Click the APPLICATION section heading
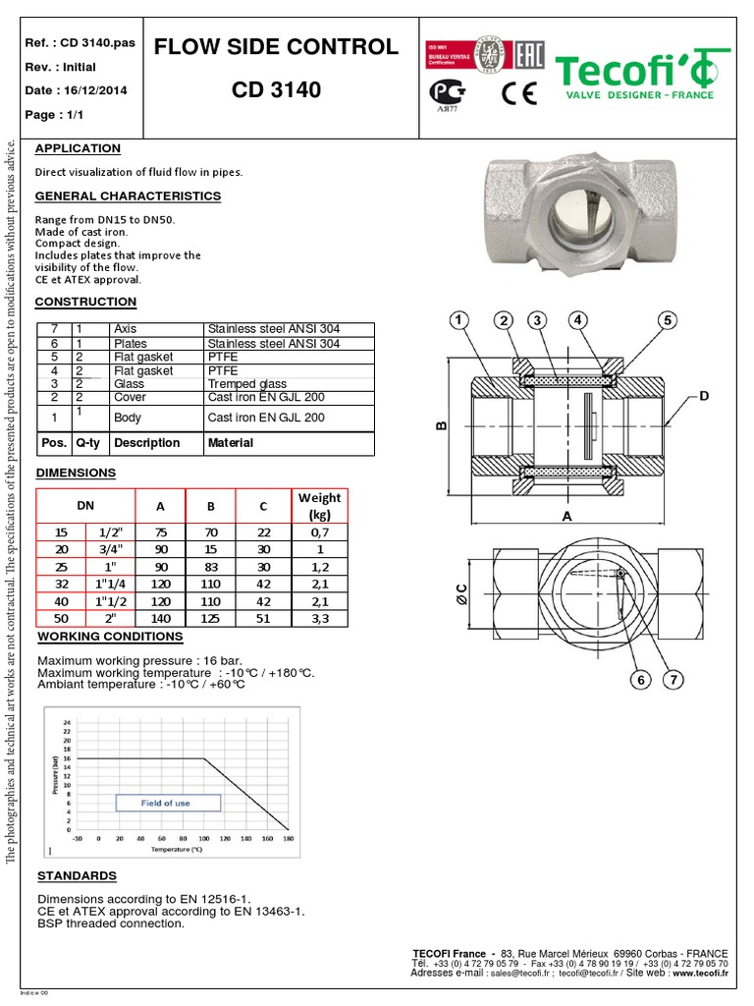pyautogui.click(x=78, y=148)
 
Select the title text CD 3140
pyautogui.click(x=276, y=91)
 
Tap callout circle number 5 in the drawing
pyautogui.click(x=668, y=321)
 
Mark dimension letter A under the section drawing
pyautogui.click(x=566, y=515)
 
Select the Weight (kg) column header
pyautogui.click(x=319, y=506)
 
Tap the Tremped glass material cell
pyautogui.click(x=246, y=384)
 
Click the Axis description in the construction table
pyautogui.click(x=126, y=329)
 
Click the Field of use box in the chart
pyautogui.click(x=166, y=803)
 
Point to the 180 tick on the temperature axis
pyautogui.click(x=288, y=839)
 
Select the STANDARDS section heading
pyautogui.click(x=77, y=875)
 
